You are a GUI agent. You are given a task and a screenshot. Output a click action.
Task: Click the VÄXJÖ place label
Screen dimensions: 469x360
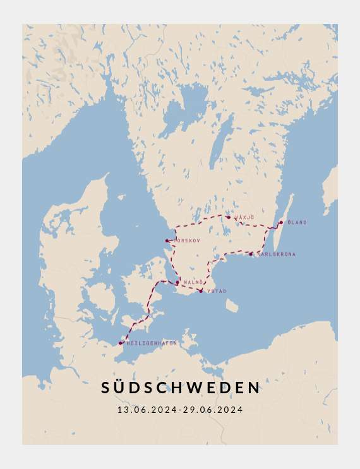coord(245,217)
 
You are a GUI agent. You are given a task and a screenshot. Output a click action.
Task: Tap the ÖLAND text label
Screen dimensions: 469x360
coord(297,222)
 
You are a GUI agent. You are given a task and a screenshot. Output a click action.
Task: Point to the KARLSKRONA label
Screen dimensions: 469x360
coord(276,254)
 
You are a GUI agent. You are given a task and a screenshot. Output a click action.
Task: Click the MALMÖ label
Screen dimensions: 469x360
coord(193,282)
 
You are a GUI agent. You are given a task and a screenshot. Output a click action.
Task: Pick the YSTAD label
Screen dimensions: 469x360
coord(216,291)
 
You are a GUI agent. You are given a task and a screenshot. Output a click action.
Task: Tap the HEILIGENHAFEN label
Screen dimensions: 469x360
coord(152,343)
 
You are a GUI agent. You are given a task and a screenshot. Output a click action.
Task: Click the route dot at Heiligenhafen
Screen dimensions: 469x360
coord(121,343)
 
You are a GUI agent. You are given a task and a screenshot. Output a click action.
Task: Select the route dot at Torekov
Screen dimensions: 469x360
coord(167,240)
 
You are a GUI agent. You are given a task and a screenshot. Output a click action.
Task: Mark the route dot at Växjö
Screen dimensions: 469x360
coord(229,217)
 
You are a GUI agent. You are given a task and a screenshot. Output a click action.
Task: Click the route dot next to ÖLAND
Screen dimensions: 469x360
coord(281,222)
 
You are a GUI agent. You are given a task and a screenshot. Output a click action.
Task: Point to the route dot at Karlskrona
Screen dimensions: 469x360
coord(251,254)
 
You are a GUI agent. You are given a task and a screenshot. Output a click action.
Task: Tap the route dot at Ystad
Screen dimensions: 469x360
coord(201,291)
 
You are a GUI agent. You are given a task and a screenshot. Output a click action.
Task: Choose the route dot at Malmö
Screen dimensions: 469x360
coord(177,283)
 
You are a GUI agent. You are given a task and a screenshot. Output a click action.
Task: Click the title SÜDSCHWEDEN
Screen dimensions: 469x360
coord(180,388)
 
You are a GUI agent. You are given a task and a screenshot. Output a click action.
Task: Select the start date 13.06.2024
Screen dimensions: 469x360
coord(147,410)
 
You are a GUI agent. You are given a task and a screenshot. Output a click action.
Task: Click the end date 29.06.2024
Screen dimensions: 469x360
coord(213,410)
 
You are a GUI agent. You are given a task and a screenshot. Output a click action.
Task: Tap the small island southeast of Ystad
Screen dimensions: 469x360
coord(232,306)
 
